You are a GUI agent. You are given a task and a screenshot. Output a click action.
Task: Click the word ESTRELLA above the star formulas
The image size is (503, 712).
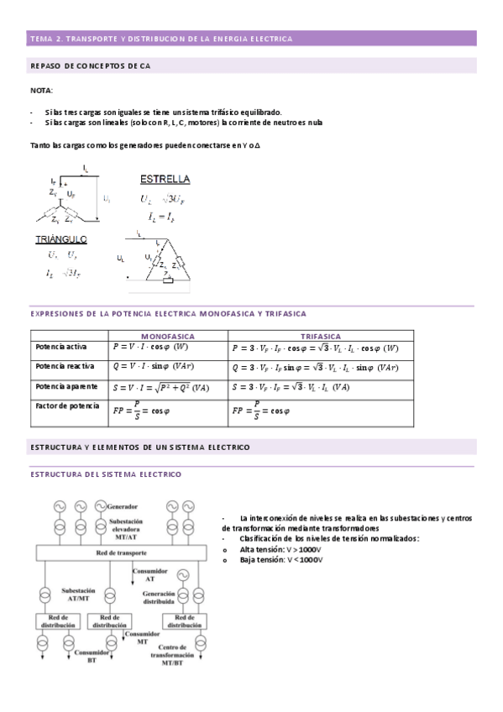pyautogui.click(x=165, y=180)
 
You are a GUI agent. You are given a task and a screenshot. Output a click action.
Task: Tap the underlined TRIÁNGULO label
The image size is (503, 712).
pyautogui.click(x=61, y=239)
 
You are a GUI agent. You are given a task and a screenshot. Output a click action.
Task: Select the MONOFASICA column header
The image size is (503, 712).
pyautogui.click(x=168, y=335)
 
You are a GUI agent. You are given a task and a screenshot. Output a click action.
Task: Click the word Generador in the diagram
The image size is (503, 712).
pyautogui.click(x=123, y=506)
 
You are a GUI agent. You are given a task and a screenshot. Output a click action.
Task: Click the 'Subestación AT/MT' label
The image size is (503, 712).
pyautogui.click(x=83, y=594)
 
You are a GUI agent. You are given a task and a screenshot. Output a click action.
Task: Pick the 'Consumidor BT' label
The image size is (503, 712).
pyautogui.click(x=91, y=656)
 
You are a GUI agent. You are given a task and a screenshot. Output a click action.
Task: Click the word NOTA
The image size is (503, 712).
pyautogui.click(x=40, y=89)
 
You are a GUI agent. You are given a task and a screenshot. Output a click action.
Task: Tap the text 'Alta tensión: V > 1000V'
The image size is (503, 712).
pyautogui.click(x=281, y=548)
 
